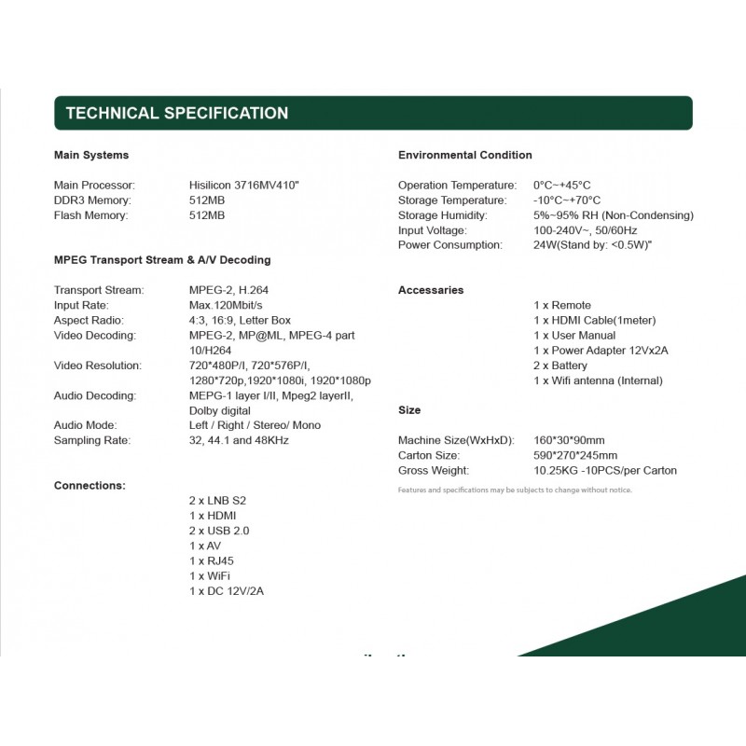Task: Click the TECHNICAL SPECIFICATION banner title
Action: point(176,114)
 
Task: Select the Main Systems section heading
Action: point(91,155)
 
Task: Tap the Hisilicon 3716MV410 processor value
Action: point(244,186)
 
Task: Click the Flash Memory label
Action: point(91,215)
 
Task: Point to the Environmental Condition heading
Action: point(464,155)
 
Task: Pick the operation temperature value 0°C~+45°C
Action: point(561,186)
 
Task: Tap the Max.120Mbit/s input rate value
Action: point(226,305)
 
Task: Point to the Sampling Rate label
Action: point(92,440)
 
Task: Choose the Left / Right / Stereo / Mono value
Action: point(255,425)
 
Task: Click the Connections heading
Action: point(90,486)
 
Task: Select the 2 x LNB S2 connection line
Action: point(217,501)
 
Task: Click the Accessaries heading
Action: point(431,290)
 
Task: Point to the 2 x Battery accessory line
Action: point(560,366)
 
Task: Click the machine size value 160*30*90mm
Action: point(569,440)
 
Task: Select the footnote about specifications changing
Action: point(515,490)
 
